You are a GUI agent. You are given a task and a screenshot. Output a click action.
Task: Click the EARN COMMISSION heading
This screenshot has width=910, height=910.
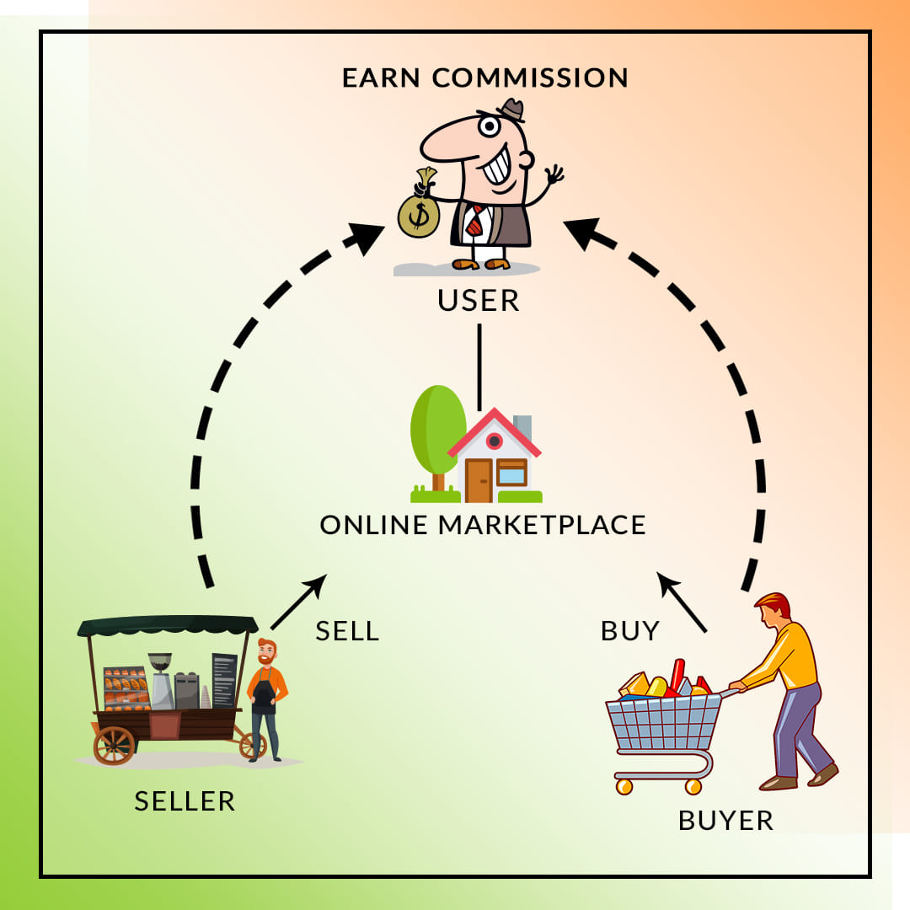[x=484, y=78]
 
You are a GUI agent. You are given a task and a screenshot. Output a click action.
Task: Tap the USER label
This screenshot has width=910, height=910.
[x=479, y=301]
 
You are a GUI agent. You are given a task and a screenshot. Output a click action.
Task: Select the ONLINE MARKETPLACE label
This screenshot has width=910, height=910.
[x=482, y=525]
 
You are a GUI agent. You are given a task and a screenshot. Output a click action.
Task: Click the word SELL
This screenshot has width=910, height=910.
[x=347, y=631]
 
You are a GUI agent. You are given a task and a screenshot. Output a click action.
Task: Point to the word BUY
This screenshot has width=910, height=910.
[x=630, y=631]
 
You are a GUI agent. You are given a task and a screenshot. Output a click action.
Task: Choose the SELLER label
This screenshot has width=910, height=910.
[x=185, y=801]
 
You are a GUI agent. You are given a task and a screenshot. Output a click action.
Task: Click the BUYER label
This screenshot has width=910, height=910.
[x=725, y=821]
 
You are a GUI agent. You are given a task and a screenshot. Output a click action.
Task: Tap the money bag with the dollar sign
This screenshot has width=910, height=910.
[x=419, y=209]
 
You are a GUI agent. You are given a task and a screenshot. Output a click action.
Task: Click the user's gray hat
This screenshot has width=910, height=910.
[x=511, y=110]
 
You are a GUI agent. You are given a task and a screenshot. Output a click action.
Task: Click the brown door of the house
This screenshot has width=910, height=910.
[x=479, y=480]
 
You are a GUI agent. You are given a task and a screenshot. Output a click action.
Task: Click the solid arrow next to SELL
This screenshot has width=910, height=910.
[x=299, y=602]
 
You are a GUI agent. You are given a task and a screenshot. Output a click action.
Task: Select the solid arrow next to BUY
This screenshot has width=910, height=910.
[x=682, y=602]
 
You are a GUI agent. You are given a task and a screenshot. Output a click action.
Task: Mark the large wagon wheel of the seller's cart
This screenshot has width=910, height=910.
[x=114, y=745]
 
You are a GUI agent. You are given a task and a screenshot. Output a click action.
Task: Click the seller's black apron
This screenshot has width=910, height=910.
[x=264, y=697]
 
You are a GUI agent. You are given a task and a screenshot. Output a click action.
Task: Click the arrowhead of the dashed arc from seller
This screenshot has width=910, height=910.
[x=366, y=238]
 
